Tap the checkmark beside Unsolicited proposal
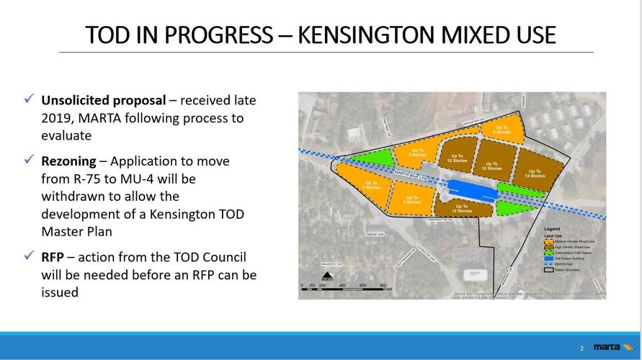(28, 99)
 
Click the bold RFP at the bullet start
(54, 256)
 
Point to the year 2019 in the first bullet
(57, 117)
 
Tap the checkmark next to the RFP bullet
(28, 256)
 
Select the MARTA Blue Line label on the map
(418, 177)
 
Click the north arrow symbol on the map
(327, 276)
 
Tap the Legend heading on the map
(552, 229)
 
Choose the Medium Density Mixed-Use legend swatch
(548, 241)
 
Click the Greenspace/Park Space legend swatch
(548, 253)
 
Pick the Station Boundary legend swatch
(548, 270)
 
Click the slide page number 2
(582, 349)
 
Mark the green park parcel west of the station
(371, 158)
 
